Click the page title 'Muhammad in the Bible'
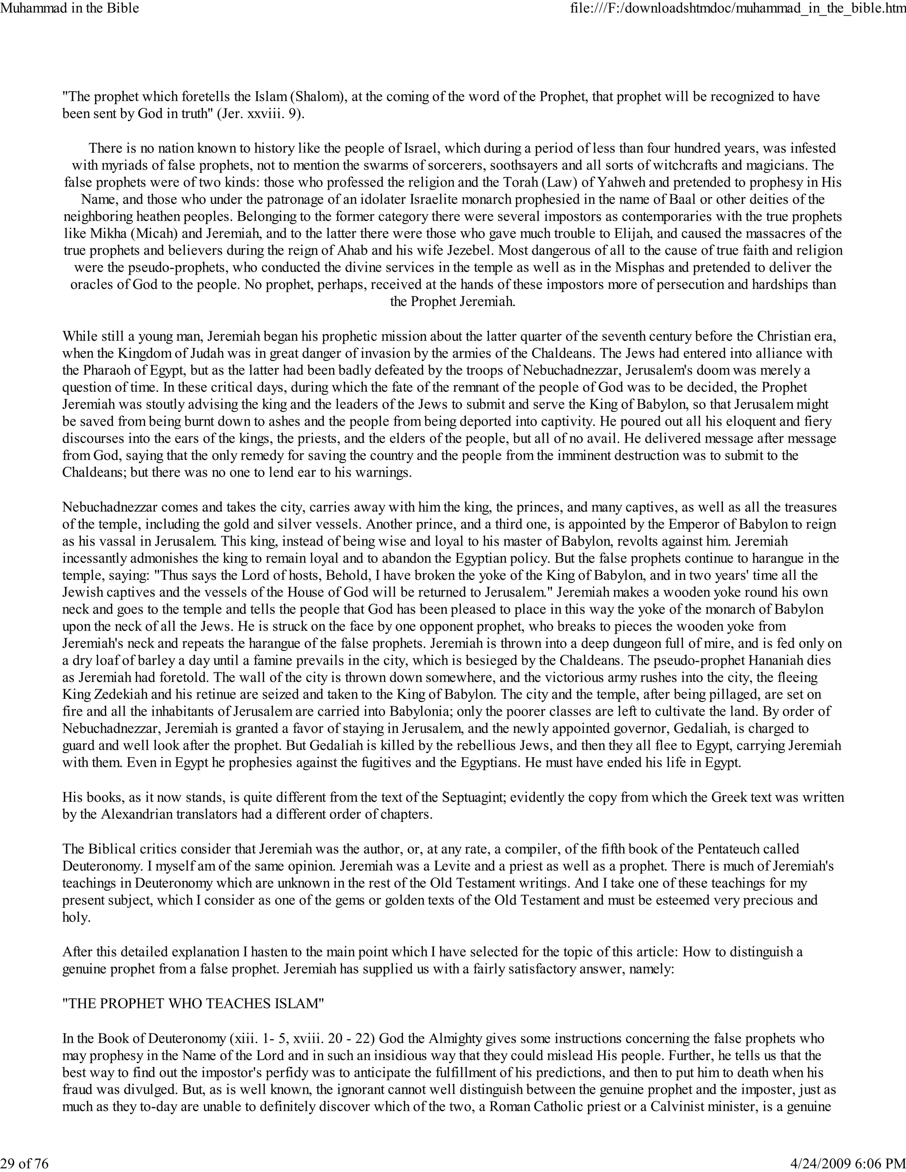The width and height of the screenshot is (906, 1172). click(70, 8)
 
